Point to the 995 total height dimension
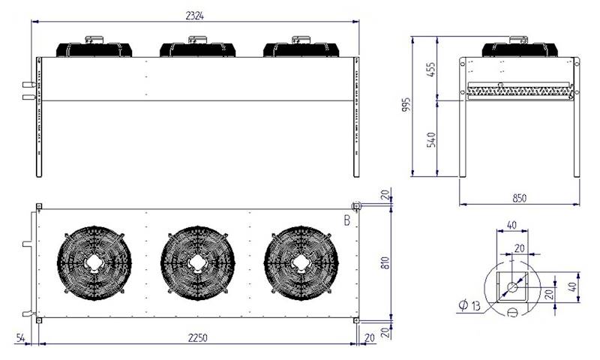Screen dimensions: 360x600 (x=406, y=105)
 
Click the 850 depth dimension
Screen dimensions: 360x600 (x=519, y=198)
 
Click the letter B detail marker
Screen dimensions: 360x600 (x=346, y=220)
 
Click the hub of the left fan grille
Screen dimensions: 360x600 (x=94, y=262)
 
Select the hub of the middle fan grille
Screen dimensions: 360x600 (x=197, y=262)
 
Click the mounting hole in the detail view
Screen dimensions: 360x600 (x=513, y=287)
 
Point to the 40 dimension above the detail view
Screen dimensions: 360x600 (x=512, y=224)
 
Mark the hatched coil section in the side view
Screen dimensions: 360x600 (x=519, y=91)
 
